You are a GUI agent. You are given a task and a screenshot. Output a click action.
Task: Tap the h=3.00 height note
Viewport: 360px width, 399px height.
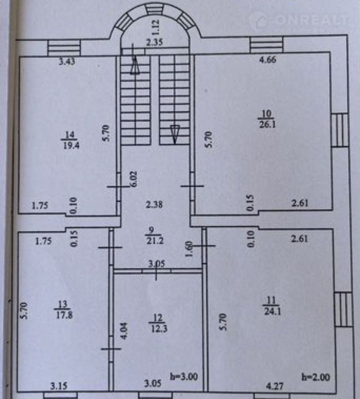coord(184,376)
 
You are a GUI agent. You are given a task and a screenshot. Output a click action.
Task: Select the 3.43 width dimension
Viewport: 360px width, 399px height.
coord(67,62)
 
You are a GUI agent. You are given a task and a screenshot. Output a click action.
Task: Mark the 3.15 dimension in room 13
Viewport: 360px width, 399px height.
coord(58,387)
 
